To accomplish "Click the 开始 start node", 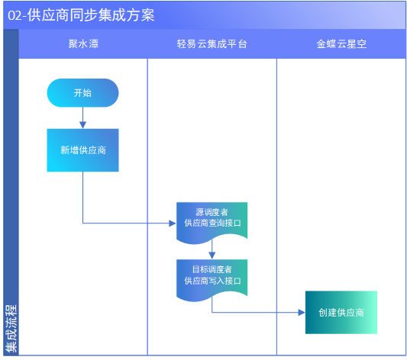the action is [82, 93].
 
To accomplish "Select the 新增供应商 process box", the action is [82, 150].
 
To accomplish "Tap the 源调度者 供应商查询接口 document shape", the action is [212, 223].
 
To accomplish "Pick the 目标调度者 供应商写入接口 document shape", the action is [212, 280].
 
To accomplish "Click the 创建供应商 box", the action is [341, 312].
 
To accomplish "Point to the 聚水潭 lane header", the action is [83, 43].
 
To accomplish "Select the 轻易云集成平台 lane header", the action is [212, 43].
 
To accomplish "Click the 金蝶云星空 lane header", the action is [341, 43].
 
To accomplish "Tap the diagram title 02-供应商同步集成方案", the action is [81, 15].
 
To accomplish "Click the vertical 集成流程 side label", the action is [11, 328].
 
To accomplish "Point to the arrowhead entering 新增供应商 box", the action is [82, 125].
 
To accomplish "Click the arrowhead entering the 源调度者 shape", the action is [173, 223].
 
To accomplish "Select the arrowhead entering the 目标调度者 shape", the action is [212, 256].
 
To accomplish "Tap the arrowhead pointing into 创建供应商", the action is [302, 312].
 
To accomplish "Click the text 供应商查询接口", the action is [212, 223].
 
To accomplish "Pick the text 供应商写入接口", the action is [212, 281].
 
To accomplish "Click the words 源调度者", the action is [212, 212].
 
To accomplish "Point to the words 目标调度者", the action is [212, 269].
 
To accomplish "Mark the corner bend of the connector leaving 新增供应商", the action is [82, 223].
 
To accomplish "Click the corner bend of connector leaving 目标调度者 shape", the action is [212, 312].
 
